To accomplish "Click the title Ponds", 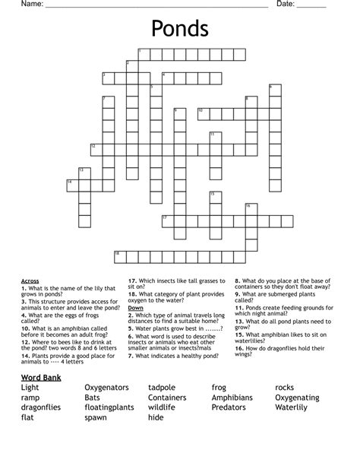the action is point(180,29).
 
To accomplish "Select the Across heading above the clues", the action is point(30,281).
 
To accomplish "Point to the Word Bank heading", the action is point(42,377).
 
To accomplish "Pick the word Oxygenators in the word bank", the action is point(106,388).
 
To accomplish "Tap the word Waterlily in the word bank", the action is point(291,407).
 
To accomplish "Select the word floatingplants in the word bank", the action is point(109,407).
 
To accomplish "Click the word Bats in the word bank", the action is point(93,398).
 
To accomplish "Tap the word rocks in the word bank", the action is point(284,388).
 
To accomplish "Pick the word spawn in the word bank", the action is point(96,417).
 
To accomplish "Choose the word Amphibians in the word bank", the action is point(232,398).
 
